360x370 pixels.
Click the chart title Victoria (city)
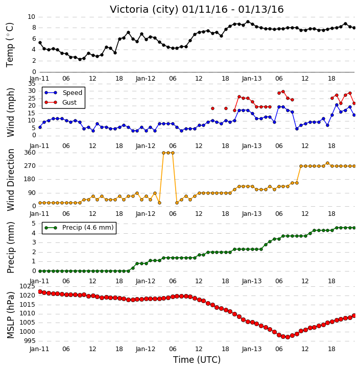[x=144, y=10]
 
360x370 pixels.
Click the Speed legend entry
[x=63, y=92]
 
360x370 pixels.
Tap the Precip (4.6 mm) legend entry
[x=79, y=228]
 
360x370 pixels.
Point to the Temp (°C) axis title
[x=10, y=44]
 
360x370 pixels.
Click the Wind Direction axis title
[x=11, y=180]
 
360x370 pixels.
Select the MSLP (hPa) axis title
[x=11, y=315]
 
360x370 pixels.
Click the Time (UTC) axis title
[x=197, y=360]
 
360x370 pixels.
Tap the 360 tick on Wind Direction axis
[x=30, y=153]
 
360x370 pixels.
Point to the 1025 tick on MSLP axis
[x=28, y=286]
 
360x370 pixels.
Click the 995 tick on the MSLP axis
[x=30, y=341]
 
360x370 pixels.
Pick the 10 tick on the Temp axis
[x=32, y=17]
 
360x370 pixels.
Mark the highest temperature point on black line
[x=248, y=22]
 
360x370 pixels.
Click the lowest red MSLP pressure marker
[x=287, y=337]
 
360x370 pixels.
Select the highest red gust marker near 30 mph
[x=283, y=91]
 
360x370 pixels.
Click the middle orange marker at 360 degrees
[x=168, y=153]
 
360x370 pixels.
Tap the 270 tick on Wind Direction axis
[x=30, y=166]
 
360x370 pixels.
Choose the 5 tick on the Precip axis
[x=34, y=224]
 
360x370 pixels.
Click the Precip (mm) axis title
[x=11, y=248]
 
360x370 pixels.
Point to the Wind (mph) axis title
[x=11, y=112]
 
